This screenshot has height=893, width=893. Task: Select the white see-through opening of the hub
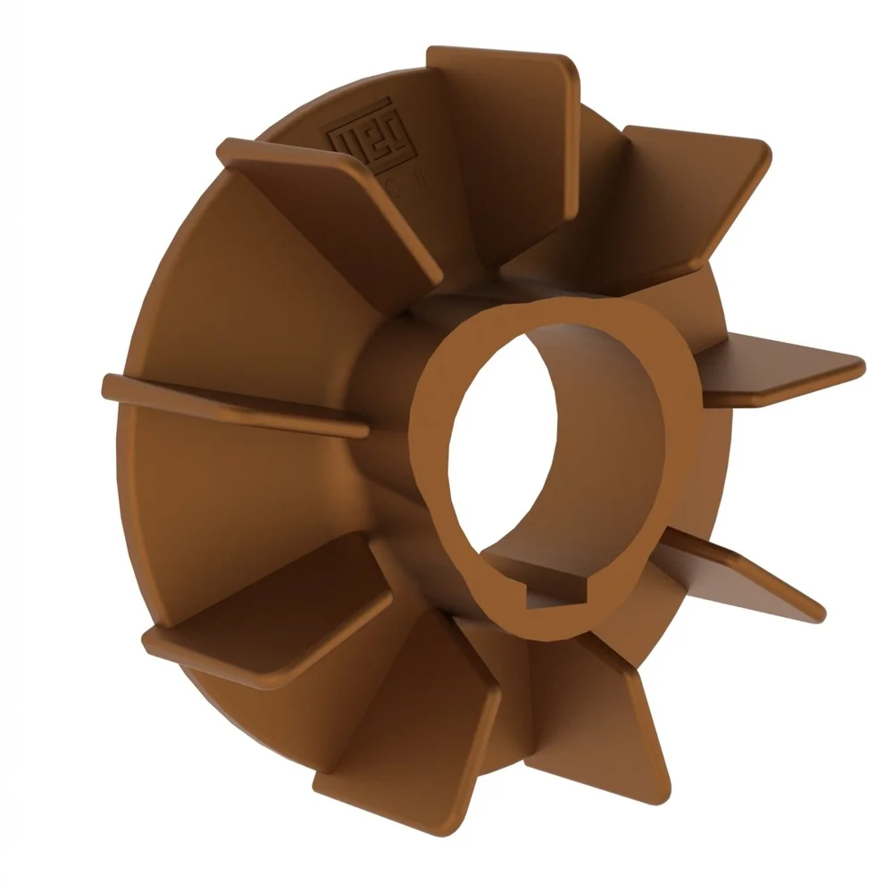pos(500,446)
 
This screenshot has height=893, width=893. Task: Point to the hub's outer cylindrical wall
pos(384,375)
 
